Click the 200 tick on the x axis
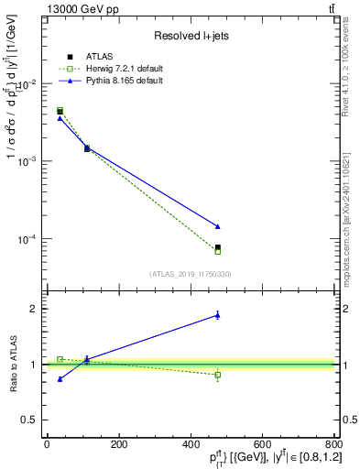pyautogui.click(x=118, y=444)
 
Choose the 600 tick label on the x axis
pyautogui.click(x=262, y=444)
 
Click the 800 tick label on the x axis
pyautogui.click(x=332, y=444)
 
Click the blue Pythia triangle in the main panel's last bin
pyautogui.click(x=217, y=226)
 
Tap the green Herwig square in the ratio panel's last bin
pyautogui.click(x=217, y=375)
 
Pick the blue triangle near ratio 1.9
pyautogui.click(x=217, y=315)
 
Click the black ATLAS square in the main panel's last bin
pyautogui.click(x=217, y=247)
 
